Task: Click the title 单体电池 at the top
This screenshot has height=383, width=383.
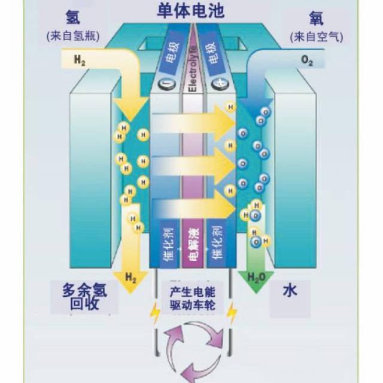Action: click(x=191, y=11)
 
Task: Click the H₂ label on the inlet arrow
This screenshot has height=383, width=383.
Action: click(x=80, y=60)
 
